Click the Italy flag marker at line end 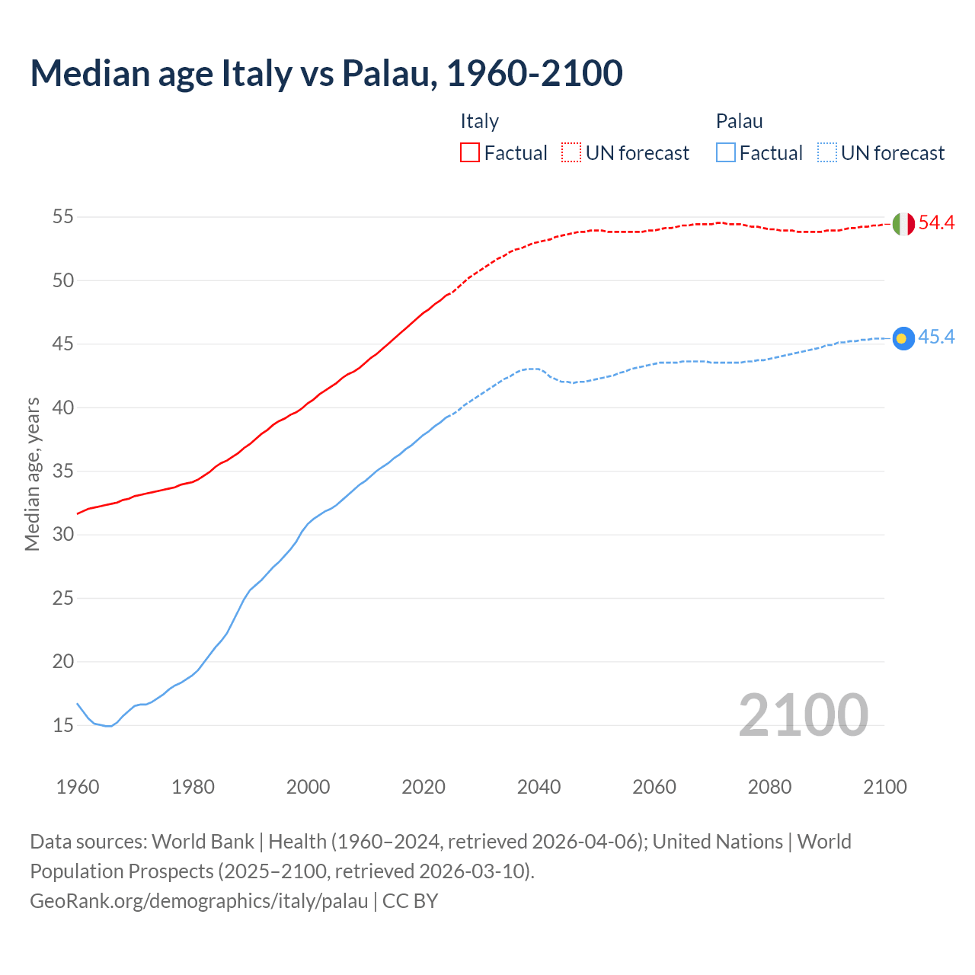coord(903,224)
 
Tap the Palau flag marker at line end coord(903,338)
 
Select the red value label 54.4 coord(936,223)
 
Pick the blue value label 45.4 coord(936,337)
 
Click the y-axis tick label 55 coord(63,217)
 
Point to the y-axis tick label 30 coord(63,535)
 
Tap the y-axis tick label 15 coord(63,725)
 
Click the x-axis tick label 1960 coord(78,787)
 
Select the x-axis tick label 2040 coord(539,787)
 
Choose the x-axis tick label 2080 coord(769,787)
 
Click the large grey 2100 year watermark coord(803,715)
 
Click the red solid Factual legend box coord(470,152)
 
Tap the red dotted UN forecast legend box coord(571,152)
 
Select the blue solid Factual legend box coord(726,152)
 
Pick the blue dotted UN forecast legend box coord(827,152)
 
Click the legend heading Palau coord(739,121)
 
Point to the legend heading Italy coord(479,121)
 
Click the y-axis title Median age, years coord(32,474)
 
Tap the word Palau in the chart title coord(388,73)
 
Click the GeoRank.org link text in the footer coord(199,901)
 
